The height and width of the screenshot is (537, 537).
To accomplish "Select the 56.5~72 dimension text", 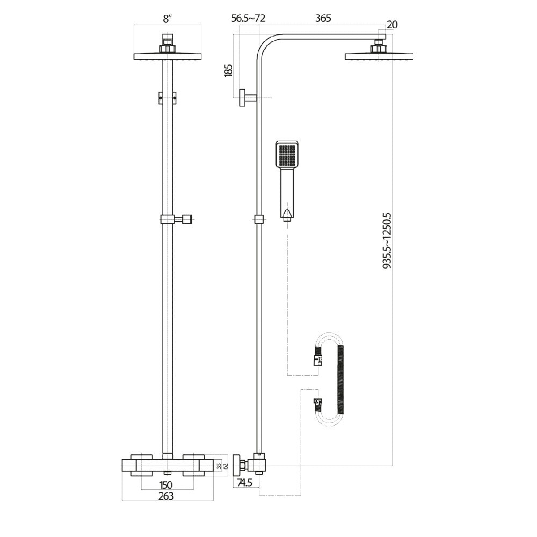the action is pyautogui.click(x=248, y=18).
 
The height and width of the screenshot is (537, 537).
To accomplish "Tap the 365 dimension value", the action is pyautogui.click(x=323, y=18).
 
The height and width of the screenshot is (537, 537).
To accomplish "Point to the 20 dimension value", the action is pyautogui.click(x=392, y=24).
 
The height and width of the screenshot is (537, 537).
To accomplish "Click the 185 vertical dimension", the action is pyautogui.click(x=228, y=70).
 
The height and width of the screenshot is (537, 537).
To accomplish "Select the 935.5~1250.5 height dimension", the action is pyautogui.click(x=387, y=241).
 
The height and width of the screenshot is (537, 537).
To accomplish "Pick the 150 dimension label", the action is pyautogui.click(x=166, y=485).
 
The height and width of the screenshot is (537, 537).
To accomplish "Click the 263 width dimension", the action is pyautogui.click(x=166, y=496).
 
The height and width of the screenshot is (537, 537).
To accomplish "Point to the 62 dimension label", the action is pyautogui.click(x=225, y=466).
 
